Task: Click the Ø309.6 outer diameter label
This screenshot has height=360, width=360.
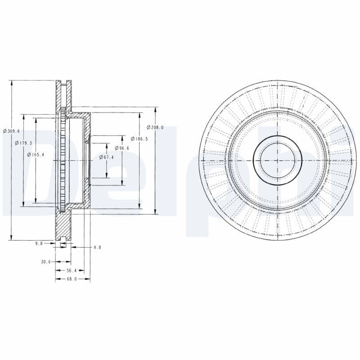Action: pyautogui.click(x=11, y=131)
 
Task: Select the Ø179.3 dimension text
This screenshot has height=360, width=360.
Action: pyautogui.click(x=23, y=143)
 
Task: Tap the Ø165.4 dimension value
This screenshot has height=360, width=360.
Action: pyautogui.click(x=36, y=154)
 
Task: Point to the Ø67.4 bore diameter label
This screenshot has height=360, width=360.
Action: pyautogui.click(x=106, y=157)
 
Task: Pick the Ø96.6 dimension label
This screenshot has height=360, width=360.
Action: pyautogui.click(x=121, y=148)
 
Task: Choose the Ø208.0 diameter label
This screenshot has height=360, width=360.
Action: pyautogui.click(x=155, y=127)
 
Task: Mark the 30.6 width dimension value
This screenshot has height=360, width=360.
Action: pyautogui.click(x=46, y=261)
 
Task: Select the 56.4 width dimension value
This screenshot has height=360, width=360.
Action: pyautogui.click(x=72, y=270)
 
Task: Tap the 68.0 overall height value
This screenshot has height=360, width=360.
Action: pyautogui.click(x=72, y=279)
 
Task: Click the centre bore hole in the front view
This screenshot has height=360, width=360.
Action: pyautogui.click(x=277, y=160)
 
